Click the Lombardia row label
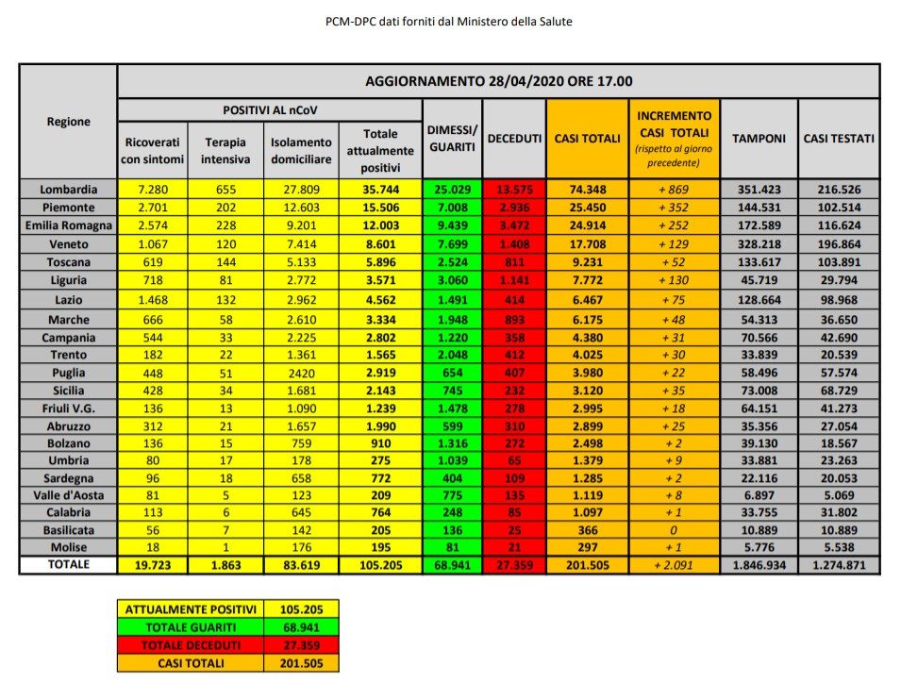tap(68, 189)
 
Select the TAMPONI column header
tap(759, 139)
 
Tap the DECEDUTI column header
tap(514, 139)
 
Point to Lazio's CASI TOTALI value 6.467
tap(586, 301)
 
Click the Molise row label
tap(68, 547)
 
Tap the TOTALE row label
tap(68, 564)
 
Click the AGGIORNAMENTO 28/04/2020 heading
tap(498, 81)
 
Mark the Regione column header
tap(68, 122)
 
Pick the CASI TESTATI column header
tap(839, 139)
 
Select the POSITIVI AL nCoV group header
tap(270, 110)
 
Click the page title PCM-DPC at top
tap(448, 21)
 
